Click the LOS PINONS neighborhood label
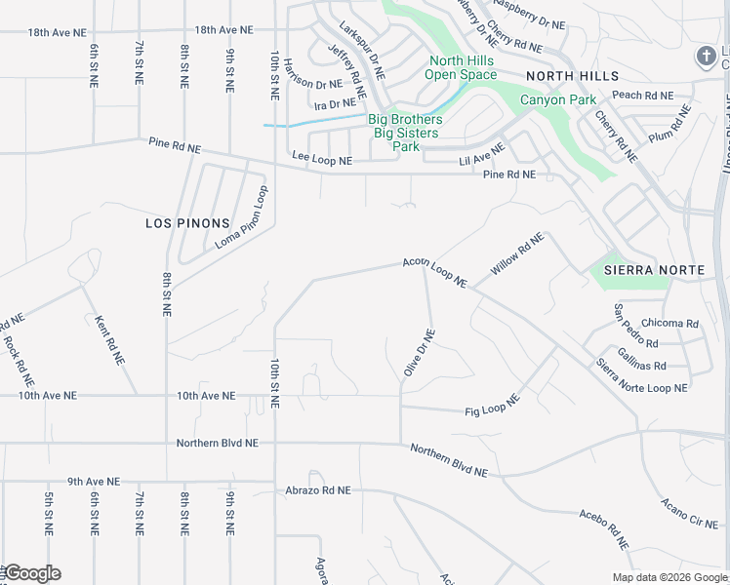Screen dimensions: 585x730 click(186, 223)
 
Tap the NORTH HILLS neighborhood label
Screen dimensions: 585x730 click(571, 76)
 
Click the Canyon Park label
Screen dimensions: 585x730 click(557, 100)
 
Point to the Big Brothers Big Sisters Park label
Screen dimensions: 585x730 click(405, 133)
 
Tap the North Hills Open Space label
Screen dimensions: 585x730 click(462, 67)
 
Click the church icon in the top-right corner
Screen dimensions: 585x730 click(707, 56)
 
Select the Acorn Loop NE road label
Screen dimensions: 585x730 click(435, 272)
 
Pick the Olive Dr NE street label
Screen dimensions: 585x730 click(419, 353)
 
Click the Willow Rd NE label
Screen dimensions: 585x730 click(516, 253)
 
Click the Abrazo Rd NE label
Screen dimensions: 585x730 click(317, 491)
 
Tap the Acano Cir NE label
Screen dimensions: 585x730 click(688, 512)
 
